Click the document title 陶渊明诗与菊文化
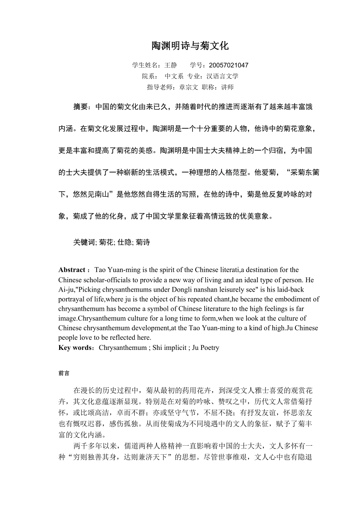(190, 46)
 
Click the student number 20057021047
(229, 65)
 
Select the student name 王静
(171, 65)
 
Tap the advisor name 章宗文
(189, 87)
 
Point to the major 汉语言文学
(223, 76)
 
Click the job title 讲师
(227, 87)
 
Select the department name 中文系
(174, 76)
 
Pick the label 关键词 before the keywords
(84, 242)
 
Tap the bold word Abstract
(72, 270)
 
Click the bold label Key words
(75, 348)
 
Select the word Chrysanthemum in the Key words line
(122, 348)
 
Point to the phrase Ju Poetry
(206, 348)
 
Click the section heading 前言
(64, 373)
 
